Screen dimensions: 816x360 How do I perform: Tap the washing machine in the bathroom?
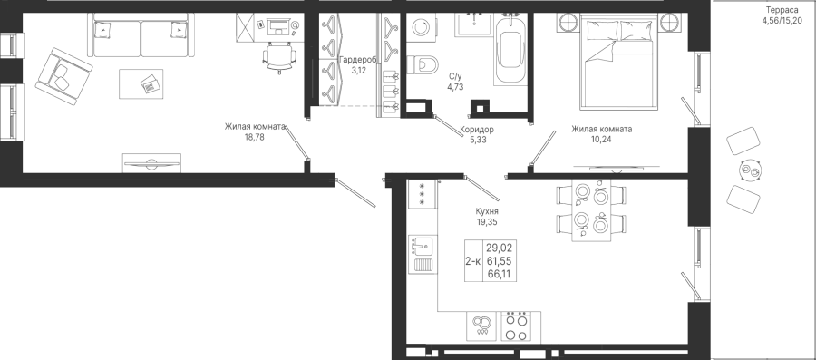[420, 26]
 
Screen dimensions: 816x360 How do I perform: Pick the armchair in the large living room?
[63, 76]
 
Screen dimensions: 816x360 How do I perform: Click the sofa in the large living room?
[141, 34]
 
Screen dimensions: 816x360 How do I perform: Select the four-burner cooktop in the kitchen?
[520, 327]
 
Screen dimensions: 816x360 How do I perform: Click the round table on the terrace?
[751, 170]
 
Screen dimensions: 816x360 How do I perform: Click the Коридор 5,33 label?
[477, 134]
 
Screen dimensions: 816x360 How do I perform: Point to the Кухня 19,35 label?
[487, 217]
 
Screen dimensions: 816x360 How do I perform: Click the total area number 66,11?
[497, 274]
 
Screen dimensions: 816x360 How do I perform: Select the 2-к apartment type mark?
[473, 260]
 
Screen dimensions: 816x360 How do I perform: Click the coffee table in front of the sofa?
[141, 83]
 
